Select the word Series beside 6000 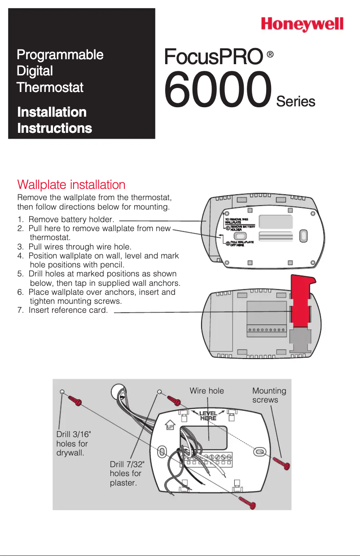295,101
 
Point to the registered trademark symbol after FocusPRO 270,54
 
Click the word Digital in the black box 35,71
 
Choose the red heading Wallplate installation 71,184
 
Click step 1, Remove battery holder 66,220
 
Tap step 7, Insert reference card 63,310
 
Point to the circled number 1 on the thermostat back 228,228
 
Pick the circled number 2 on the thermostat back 228,244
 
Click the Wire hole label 206,391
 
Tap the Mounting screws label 269,395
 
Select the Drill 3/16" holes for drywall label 72,443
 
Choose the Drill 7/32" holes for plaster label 126,473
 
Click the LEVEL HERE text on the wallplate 208,416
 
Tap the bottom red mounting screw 247,502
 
